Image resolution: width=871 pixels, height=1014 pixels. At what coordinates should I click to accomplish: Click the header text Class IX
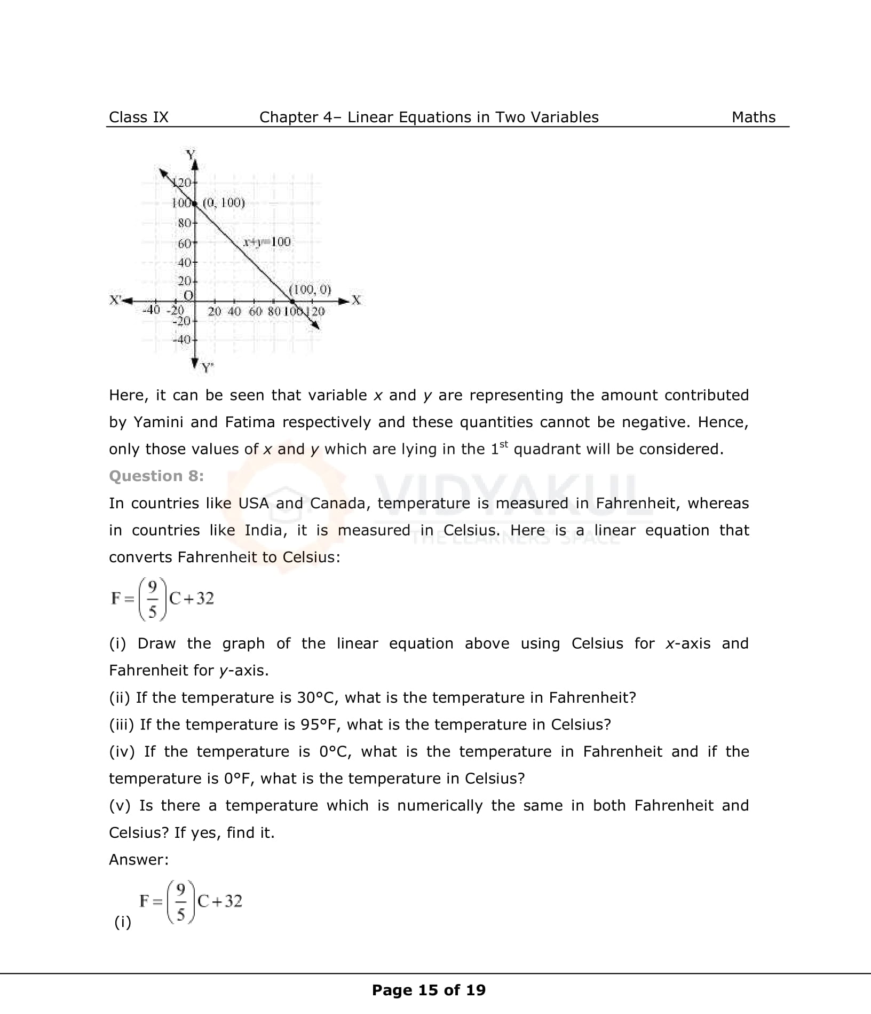coord(138,117)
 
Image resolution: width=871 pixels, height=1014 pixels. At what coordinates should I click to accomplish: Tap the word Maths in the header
coord(753,117)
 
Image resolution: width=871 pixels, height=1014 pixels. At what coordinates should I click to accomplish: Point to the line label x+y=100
coord(267,242)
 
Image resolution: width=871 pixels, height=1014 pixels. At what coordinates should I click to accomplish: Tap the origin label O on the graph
coord(188,295)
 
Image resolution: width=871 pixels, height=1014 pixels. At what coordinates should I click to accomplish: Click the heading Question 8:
coord(156,476)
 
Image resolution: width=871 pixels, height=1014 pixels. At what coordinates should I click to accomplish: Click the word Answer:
coord(139,859)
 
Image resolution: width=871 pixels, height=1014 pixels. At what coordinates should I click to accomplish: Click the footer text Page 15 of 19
coord(429,990)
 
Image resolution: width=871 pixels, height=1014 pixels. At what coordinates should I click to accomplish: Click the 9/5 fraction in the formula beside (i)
coord(181,902)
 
